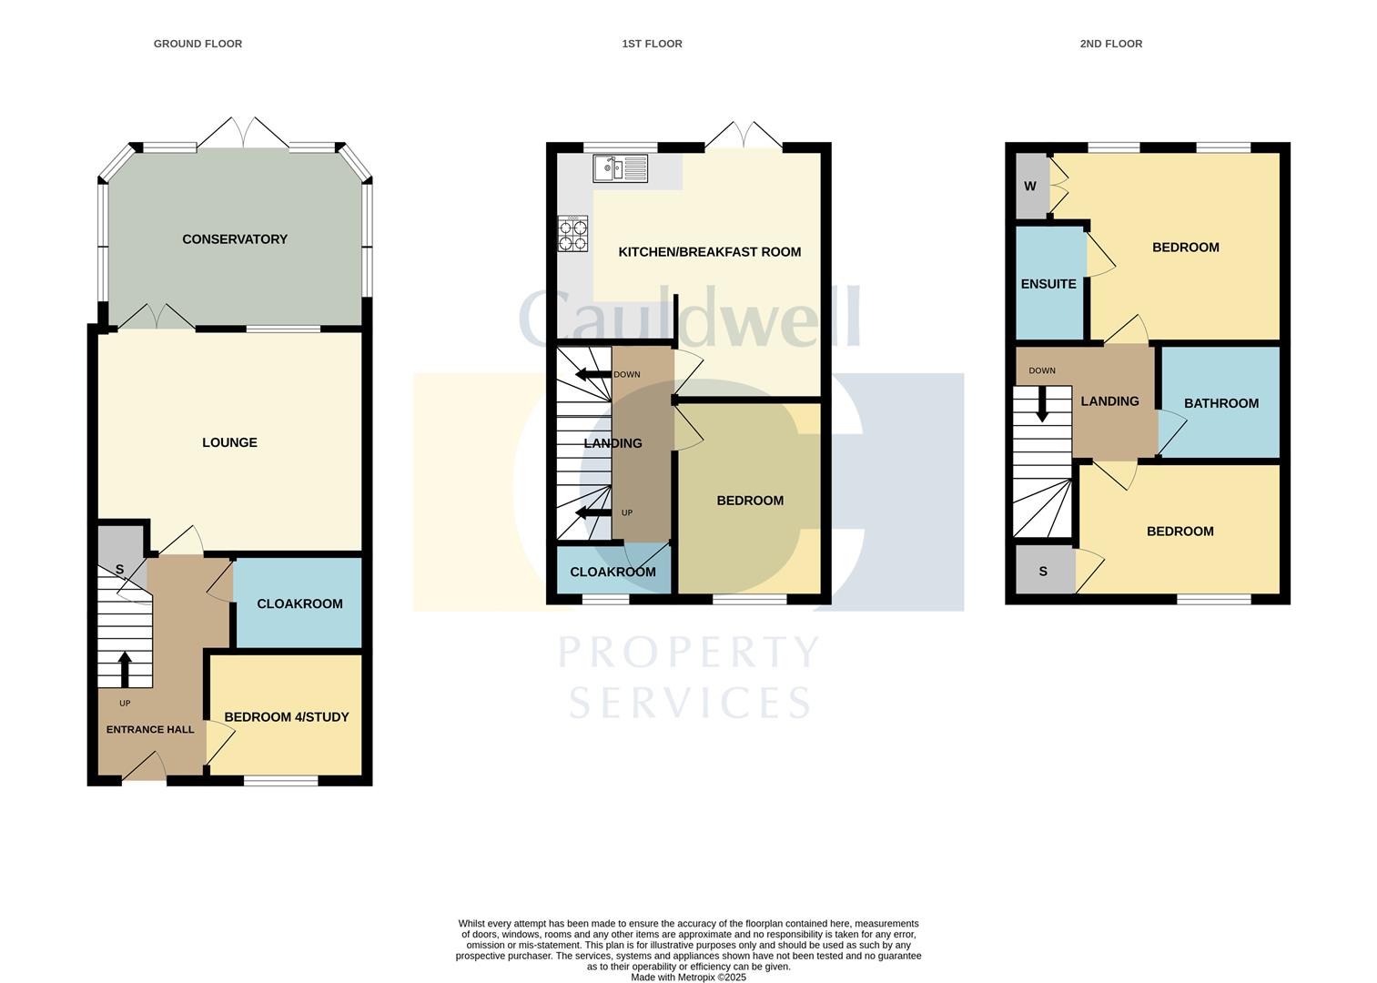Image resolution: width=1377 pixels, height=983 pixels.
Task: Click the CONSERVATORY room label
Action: pyautogui.click(x=235, y=239)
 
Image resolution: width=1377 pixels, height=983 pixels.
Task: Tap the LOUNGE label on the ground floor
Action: pyautogui.click(x=229, y=442)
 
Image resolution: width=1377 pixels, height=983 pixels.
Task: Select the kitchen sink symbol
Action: pyautogui.click(x=620, y=168)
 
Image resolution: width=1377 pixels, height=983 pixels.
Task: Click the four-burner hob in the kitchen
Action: pyautogui.click(x=573, y=234)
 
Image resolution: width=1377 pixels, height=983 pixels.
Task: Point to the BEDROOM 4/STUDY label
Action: pyautogui.click(x=287, y=717)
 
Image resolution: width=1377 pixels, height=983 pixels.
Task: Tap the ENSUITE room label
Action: pyautogui.click(x=1048, y=284)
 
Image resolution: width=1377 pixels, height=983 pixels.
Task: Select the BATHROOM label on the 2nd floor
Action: pyautogui.click(x=1220, y=403)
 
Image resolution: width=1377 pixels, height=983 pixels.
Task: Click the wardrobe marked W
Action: pyautogui.click(x=1030, y=187)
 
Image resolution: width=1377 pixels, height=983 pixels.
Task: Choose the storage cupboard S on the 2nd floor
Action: pyautogui.click(x=1043, y=572)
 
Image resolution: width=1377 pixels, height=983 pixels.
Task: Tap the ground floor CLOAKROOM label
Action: pyautogui.click(x=299, y=603)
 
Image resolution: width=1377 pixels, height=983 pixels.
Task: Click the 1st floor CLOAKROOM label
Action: pyautogui.click(x=613, y=573)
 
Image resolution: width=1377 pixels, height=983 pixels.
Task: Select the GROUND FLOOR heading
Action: pyautogui.click(x=197, y=44)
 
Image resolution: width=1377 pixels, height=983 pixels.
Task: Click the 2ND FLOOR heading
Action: pyautogui.click(x=1110, y=44)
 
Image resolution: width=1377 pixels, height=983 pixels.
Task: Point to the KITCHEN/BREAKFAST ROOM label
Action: pyautogui.click(x=710, y=252)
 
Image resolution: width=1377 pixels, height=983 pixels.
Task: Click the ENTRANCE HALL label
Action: pyautogui.click(x=150, y=730)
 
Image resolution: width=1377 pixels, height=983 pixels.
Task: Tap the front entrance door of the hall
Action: pyautogui.click(x=144, y=769)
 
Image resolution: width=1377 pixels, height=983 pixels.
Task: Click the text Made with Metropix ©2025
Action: pyautogui.click(x=689, y=978)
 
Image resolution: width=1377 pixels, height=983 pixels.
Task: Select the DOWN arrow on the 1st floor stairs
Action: pyautogui.click(x=592, y=374)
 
